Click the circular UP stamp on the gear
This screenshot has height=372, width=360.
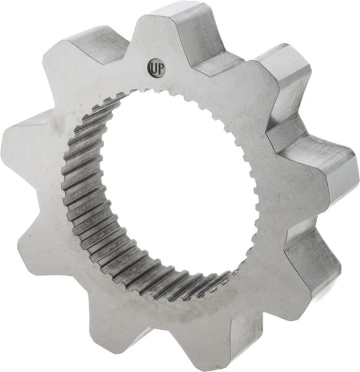(155, 66)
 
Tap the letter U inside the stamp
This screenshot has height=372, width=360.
(152, 66)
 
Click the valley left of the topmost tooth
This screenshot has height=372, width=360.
(127, 53)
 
